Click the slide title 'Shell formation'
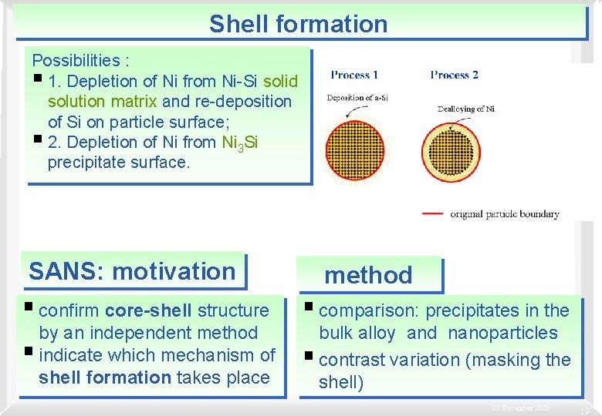298,23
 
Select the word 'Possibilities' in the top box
70,60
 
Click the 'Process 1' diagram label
354,75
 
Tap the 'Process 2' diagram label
454,75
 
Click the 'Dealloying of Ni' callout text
465,109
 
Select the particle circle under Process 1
354,151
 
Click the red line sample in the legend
433,213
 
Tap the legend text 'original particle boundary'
504,213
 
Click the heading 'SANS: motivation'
132,271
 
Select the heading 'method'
368,275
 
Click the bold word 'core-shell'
149,310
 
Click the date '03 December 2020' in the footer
521,408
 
